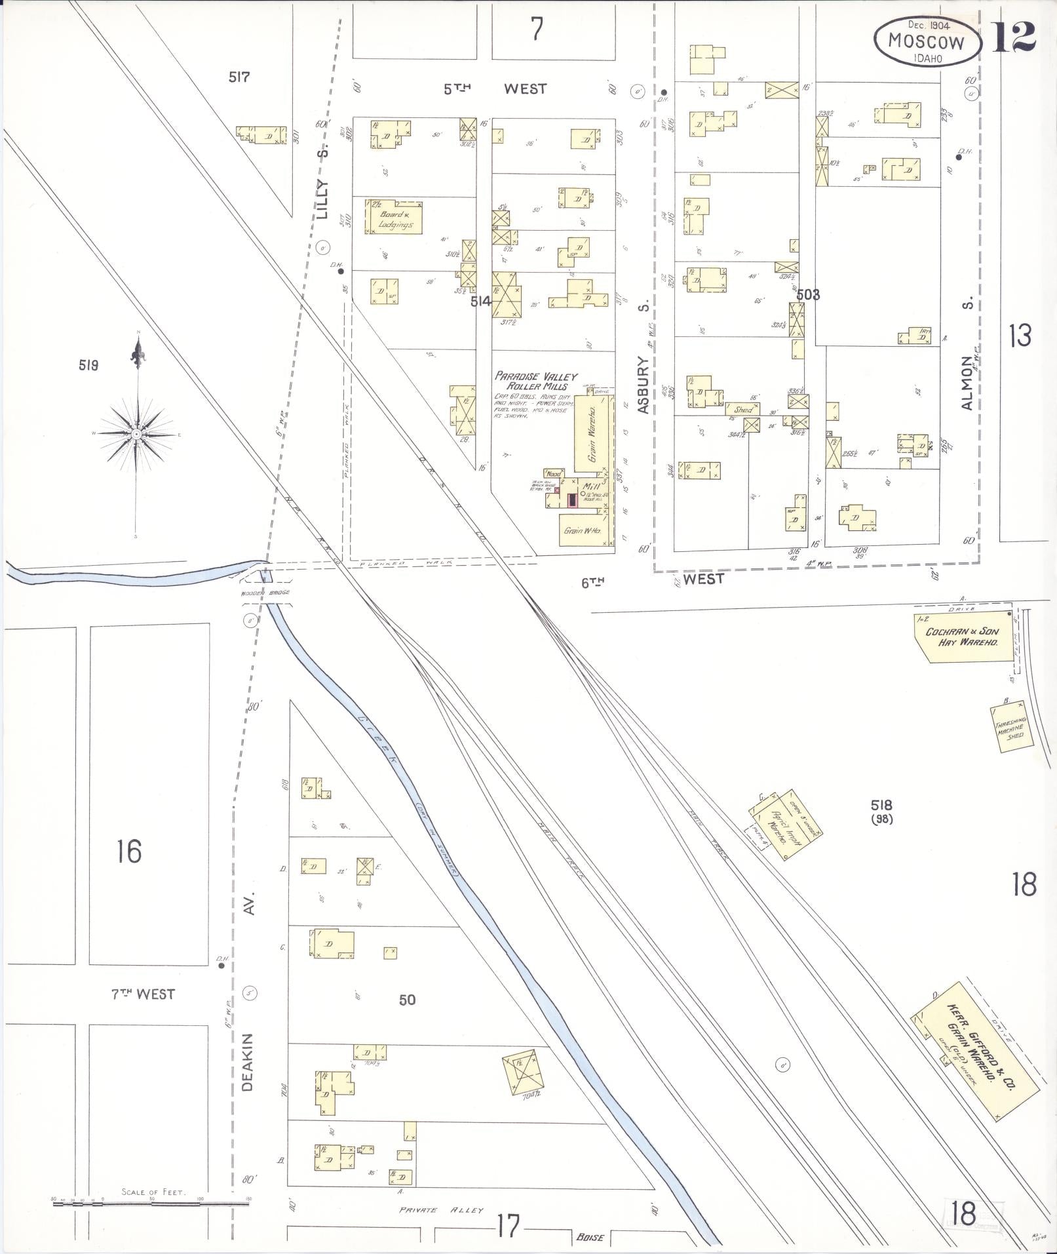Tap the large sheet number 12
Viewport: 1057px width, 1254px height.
coord(1013,37)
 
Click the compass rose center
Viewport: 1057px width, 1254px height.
coord(136,434)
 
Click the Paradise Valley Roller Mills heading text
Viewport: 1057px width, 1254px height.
coord(536,381)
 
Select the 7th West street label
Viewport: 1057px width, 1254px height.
coord(142,994)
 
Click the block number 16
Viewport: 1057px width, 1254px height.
coord(129,852)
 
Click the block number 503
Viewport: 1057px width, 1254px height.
coord(808,295)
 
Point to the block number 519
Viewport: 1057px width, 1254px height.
coord(88,366)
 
